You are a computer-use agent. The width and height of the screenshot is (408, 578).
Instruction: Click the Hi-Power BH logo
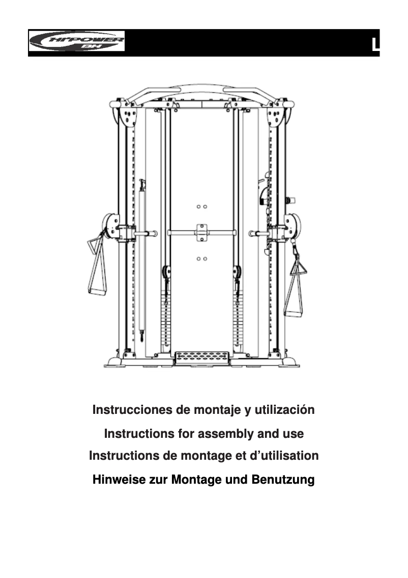coord(76,41)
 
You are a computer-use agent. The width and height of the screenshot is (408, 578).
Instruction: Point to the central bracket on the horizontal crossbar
coord(201,232)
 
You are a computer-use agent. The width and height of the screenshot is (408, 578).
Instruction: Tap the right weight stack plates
coord(238,319)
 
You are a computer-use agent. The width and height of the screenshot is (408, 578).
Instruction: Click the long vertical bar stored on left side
coord(142,255)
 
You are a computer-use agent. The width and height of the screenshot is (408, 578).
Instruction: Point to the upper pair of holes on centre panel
coord(201,207)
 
